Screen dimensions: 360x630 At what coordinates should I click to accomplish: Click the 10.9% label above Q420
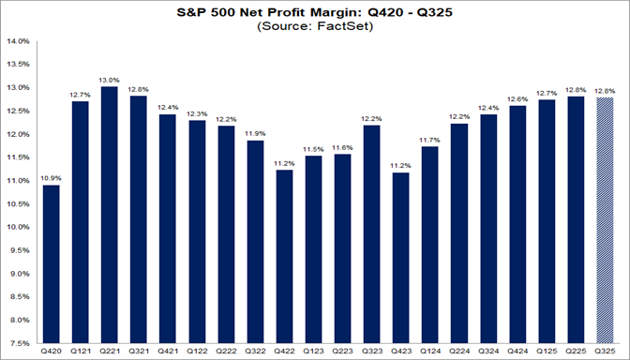point(51,177)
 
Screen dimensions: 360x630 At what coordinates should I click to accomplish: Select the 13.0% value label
point(109,80)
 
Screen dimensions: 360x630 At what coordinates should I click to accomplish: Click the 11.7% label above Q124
point(429,140)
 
